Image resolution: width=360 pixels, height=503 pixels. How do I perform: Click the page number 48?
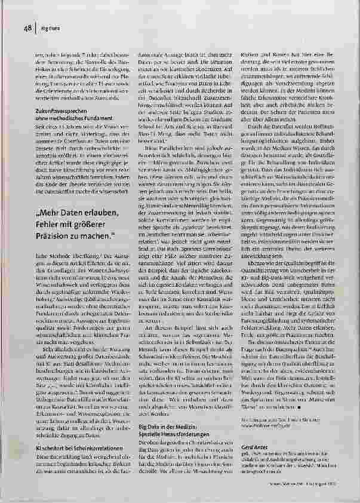(27, 27)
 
